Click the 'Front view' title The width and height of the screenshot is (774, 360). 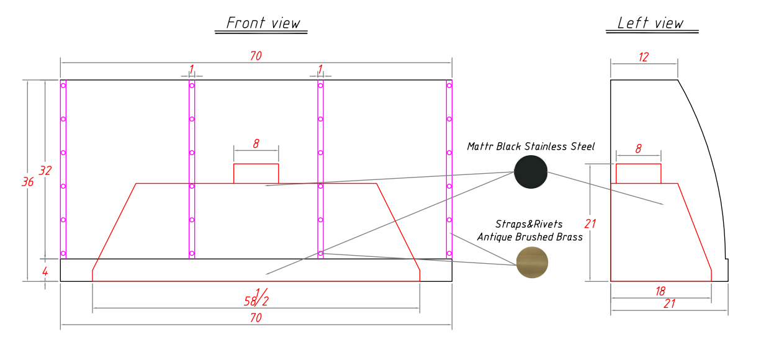click(263, 24)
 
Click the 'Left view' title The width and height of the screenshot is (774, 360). click(650, 24)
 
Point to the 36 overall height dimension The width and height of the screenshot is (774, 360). click(27, 182)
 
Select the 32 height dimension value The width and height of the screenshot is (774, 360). click(45, 171)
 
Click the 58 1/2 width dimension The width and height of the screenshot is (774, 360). click(256, 297)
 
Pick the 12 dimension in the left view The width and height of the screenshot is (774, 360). click(643, 57)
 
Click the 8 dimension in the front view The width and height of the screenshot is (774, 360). click(256, 144)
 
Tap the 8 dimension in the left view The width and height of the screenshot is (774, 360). click(638, 149)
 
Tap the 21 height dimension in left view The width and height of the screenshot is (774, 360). click(590, 223)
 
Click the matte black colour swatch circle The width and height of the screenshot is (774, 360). click(531, 172)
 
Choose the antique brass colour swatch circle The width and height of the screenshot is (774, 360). click(533, 263)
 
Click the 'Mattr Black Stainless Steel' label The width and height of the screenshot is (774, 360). click(531, 146)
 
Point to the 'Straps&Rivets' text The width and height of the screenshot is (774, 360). click(529, 224)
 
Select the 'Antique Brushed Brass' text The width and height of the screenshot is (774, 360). click(529, 236)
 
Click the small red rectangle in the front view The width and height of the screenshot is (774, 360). click(256, 174)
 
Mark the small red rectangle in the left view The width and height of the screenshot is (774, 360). click(638, 174)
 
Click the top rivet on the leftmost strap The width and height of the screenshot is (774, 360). click(63, 86)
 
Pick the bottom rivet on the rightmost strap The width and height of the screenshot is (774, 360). click(449, 253)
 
